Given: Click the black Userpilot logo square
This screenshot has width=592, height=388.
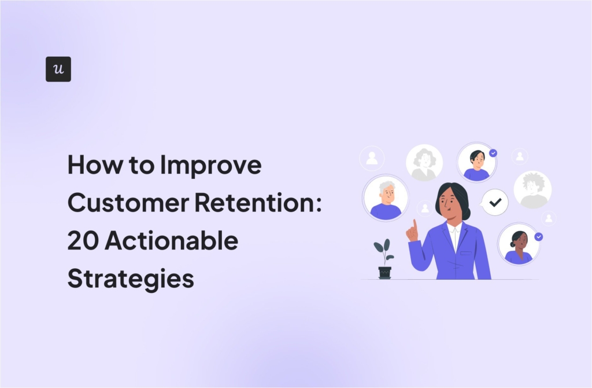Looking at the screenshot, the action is click(x=58, y=69).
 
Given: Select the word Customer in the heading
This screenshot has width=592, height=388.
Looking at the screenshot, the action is click(x=128, y=202).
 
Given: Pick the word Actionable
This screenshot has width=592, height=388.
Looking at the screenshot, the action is click(x=171, y=240).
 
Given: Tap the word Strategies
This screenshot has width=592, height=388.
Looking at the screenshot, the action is click(x=131, y=279).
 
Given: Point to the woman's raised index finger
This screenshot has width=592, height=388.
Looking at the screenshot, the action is click(x=415, y=224).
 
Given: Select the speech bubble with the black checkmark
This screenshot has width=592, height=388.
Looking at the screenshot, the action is click(x=494, y=202).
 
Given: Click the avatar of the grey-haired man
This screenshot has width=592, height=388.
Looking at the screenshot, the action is click(x=386, y=198).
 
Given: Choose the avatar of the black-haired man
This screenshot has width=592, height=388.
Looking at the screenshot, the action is click(x=476, y=163).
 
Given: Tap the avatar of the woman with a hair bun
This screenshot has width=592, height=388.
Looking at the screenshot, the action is click(x=519, y=244).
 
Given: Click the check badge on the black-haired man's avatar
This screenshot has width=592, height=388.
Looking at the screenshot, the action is click(x=493, y=153).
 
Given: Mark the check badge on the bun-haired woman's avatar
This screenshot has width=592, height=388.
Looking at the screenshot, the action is click(x=539, y=237).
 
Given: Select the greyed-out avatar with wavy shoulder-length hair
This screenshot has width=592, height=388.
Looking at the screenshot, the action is click(x=424, y=163).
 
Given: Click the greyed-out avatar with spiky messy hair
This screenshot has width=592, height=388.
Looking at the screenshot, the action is click(x=532, y=190).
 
